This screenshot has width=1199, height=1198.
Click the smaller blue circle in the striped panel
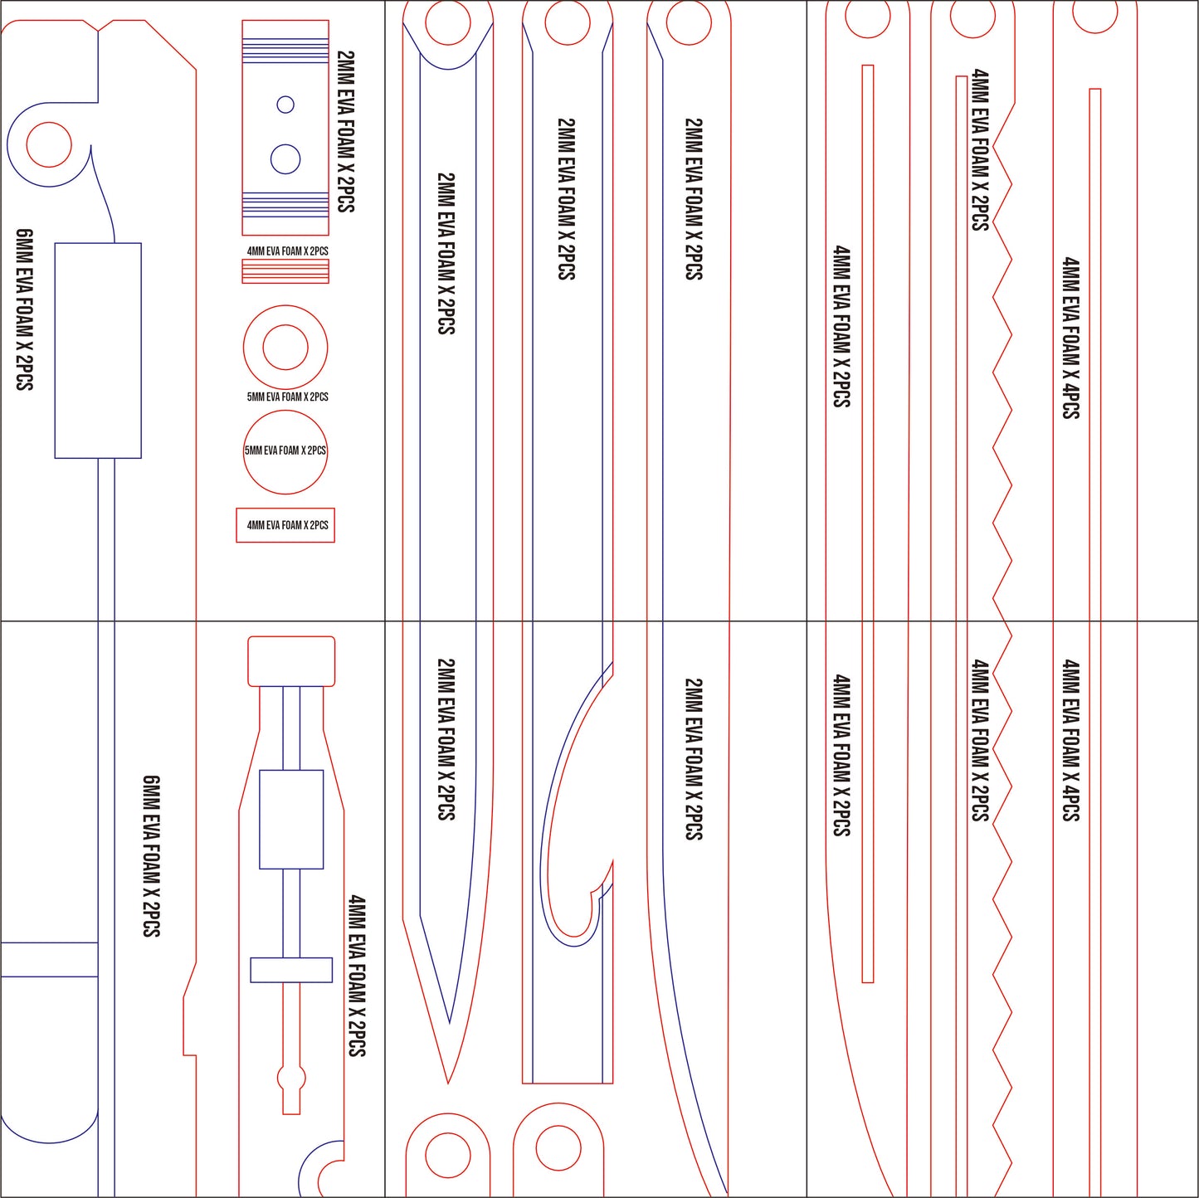point(285,105)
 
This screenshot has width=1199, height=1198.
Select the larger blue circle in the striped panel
point(285,158)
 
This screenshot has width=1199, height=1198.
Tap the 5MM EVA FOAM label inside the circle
point(285,450)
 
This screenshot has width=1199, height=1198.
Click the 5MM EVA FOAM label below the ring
point(287,397)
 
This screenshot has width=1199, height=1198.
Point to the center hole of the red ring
point(285,347)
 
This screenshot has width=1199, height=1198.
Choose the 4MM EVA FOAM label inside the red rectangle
point(287,525)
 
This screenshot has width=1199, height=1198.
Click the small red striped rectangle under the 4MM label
point(285,271)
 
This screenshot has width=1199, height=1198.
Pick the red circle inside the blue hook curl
point(49,144)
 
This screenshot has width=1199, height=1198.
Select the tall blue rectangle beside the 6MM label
point(98,350)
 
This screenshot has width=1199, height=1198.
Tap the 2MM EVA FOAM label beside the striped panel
point(346,131)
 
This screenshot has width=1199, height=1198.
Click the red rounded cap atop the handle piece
point(291,661)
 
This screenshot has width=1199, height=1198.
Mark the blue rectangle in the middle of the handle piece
point(291,819)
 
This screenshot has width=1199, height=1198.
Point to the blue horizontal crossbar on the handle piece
point(291,970)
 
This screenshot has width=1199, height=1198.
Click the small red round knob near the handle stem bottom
point(290,1078)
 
